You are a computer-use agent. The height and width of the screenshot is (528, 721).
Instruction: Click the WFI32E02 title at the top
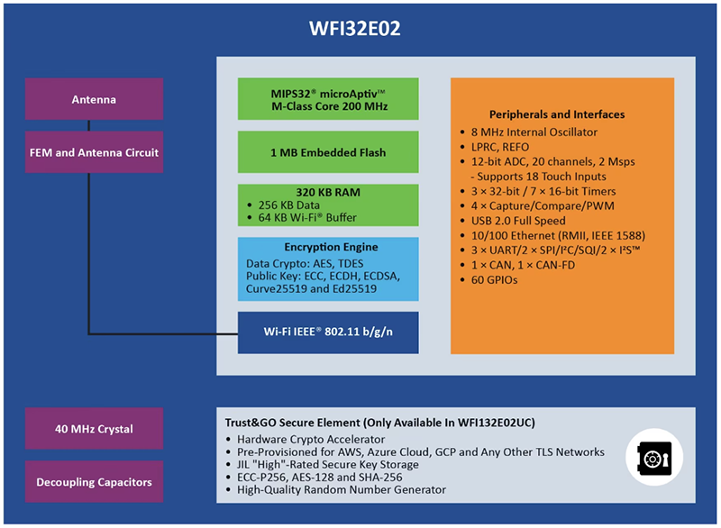point(360,29)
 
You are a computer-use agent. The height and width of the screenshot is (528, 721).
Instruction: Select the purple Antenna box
point(95,99)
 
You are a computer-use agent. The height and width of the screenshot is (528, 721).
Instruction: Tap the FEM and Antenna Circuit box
point(95,152)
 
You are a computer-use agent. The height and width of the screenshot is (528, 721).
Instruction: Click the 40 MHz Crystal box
point(95,429)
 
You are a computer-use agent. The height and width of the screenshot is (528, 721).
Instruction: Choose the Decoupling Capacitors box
point(95,482)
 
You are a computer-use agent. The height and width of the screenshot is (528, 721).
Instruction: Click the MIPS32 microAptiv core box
point(328,98)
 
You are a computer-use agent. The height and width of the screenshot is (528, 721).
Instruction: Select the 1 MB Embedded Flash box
point(328,152)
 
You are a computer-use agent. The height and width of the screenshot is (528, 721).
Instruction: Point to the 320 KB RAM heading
point(328,192)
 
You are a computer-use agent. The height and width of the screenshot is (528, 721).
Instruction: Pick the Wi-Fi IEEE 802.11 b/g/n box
point(328,332)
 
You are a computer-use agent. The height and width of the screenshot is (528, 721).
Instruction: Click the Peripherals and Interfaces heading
point(556,114)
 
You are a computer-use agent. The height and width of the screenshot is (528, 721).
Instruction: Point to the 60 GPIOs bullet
point(495,279)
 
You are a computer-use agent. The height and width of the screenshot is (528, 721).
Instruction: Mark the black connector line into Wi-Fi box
point(162,332)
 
